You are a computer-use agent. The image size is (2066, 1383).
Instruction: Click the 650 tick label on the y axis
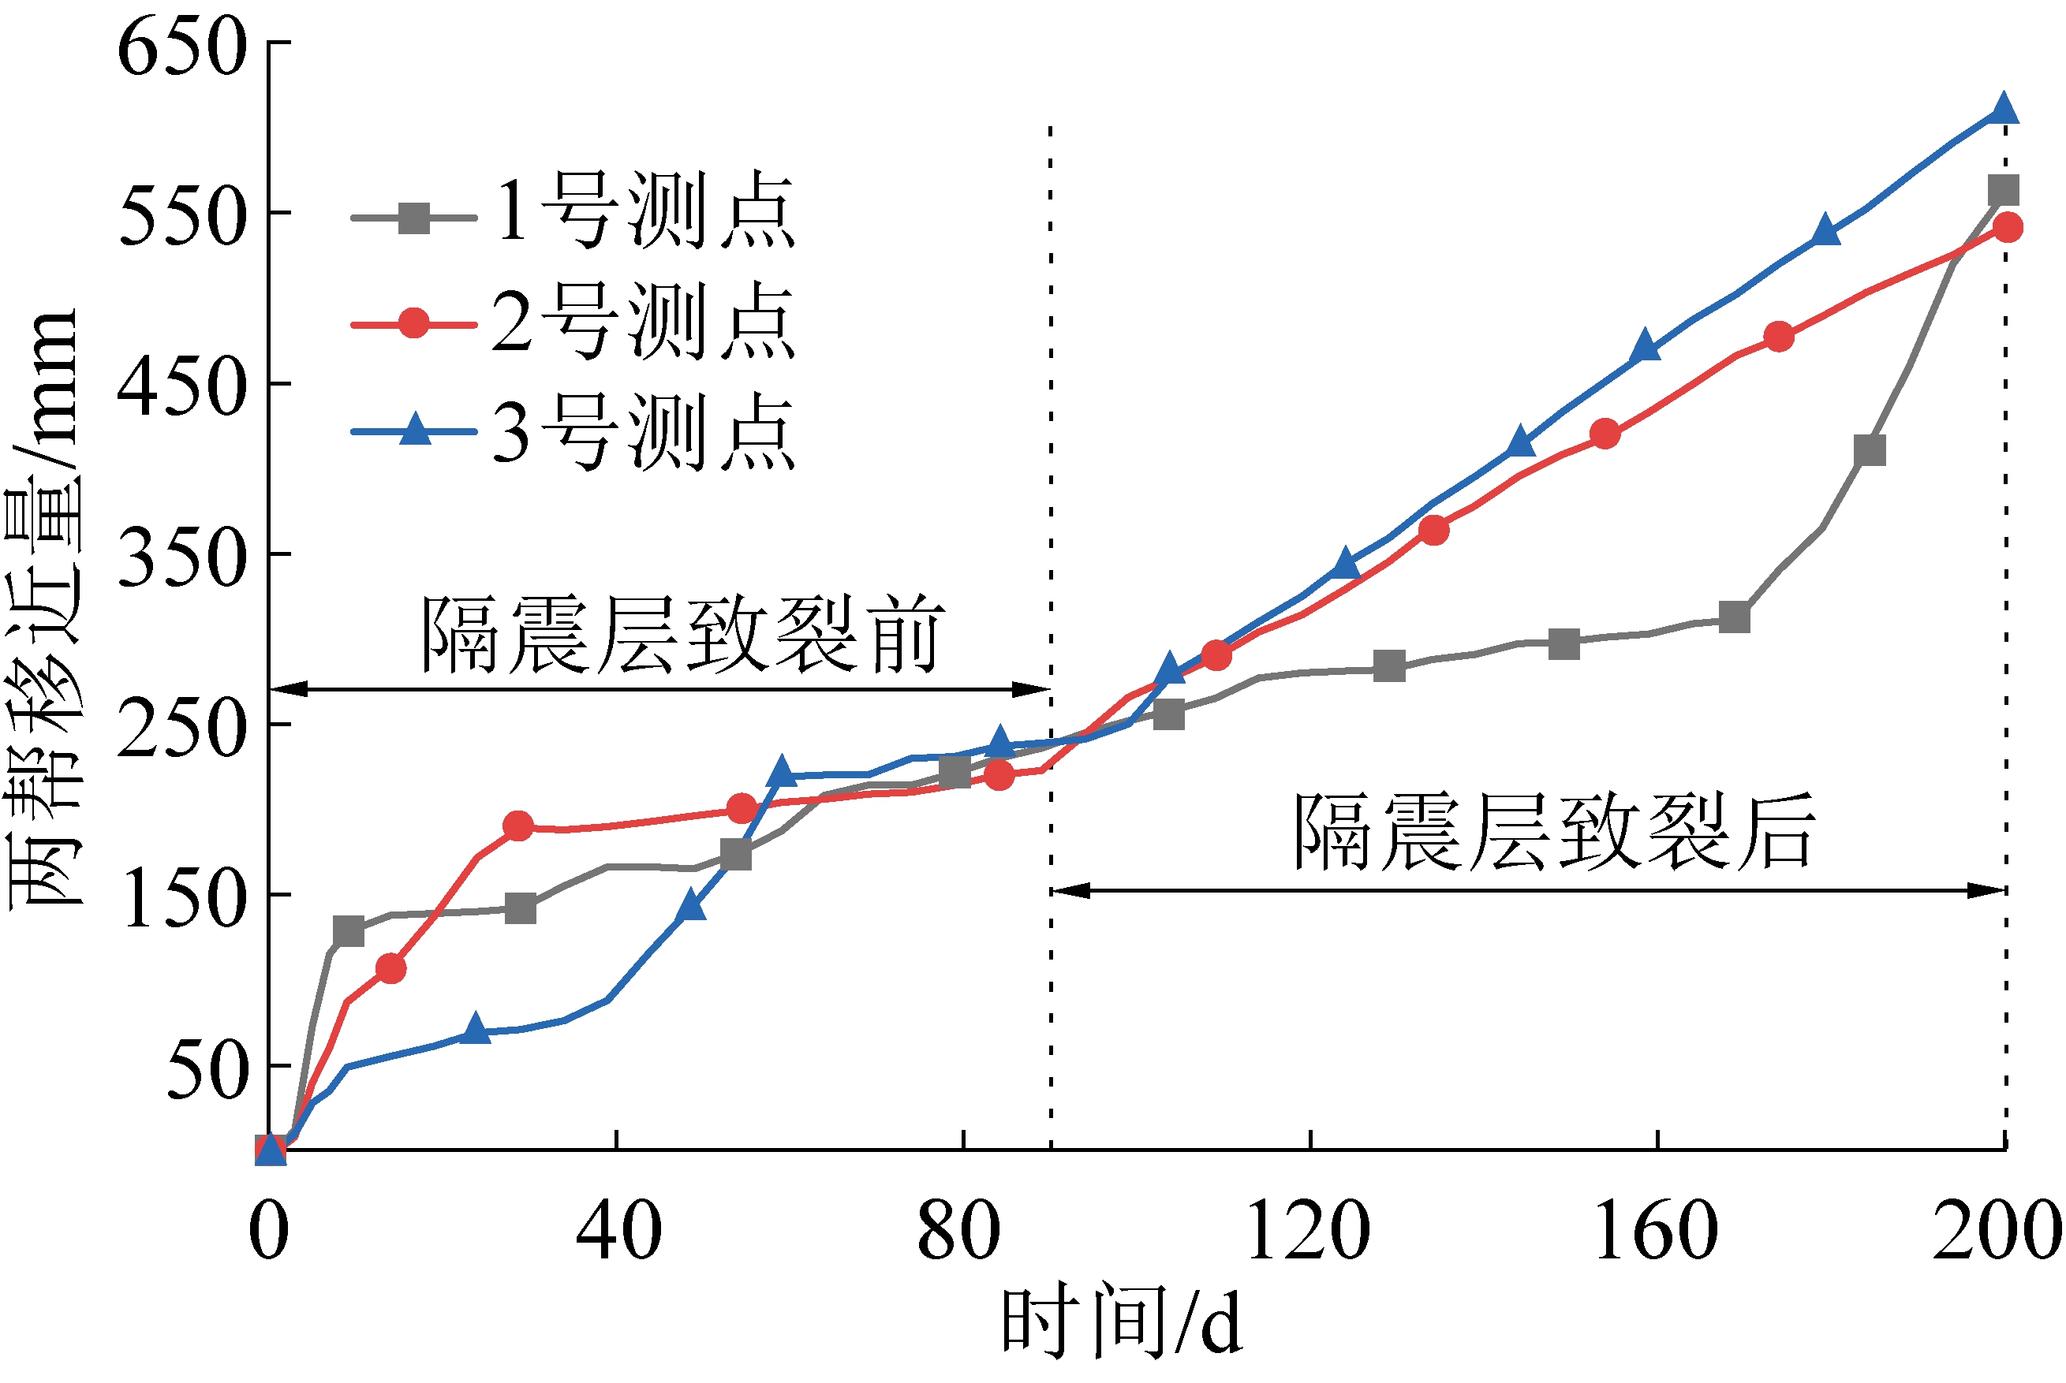click(181, 46)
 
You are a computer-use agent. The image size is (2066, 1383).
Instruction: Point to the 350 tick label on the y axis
click(181, 557)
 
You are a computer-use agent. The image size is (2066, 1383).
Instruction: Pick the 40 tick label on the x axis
click(618, 1232)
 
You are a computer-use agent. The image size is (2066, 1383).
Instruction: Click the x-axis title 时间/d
click(1121, 1323)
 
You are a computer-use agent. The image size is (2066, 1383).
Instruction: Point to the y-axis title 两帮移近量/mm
click(44, 609)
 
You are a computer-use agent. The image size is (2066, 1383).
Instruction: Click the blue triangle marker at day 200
click(2004, 110)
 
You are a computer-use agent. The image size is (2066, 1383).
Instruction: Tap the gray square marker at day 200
click(2004, 191)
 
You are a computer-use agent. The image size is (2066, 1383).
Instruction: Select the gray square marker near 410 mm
click(1870, 451)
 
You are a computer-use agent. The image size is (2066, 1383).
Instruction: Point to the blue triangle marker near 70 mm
click(476, 1027)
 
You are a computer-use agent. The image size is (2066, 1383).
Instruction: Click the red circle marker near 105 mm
click(390, 968)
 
